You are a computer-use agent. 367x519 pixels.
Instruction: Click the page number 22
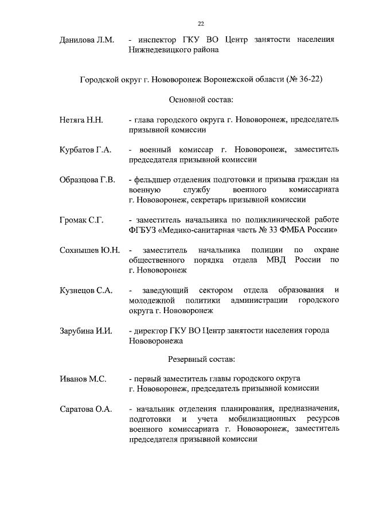[201, 24]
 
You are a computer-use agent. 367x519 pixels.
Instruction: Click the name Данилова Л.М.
[88, 40]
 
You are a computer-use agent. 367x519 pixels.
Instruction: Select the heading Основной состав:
[201, 100]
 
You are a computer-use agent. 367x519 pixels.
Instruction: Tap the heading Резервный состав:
[201, 360]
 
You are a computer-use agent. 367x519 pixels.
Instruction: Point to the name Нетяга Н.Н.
[81, 120]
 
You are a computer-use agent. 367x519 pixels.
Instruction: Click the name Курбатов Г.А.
[85, 150]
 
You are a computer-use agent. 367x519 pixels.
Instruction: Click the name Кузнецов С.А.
[85, 290]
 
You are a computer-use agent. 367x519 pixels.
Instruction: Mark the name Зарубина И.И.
[85, 331]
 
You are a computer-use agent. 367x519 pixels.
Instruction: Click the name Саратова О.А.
[85, 409]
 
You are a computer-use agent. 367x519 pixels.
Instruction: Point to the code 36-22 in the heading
[309, 79]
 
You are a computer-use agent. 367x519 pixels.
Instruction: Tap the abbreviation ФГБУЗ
[142, 230]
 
